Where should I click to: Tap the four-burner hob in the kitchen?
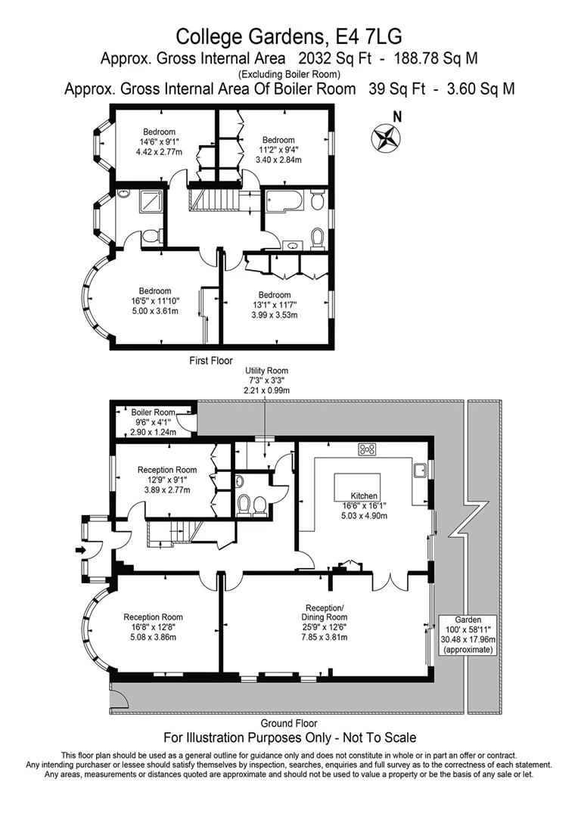(368, 450)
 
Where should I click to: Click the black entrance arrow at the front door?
(81, 550)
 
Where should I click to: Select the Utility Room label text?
(266, 370)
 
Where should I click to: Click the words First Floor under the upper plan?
(211, 361)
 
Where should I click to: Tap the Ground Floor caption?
(289, 723)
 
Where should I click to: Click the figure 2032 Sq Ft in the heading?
(325, 58)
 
